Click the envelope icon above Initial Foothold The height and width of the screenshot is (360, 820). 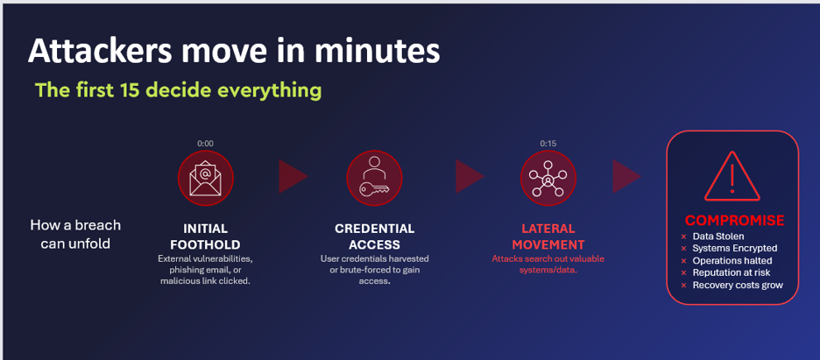click(x=206, y=178)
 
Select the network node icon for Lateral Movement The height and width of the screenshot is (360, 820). click(x=548, y=178)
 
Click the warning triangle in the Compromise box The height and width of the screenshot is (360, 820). click(x=732, y=177)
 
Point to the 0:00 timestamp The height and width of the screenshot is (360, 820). click(x=206, y=143)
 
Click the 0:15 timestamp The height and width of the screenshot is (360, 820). click(x=548, y=143)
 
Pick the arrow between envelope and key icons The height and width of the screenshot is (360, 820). click(x=293, y=177)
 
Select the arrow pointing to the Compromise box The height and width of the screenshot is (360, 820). click(x=627, y=177)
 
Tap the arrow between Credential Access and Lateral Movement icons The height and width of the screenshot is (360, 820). click(x=470, y=177)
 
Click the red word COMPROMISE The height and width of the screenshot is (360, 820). click(x=735, y=220)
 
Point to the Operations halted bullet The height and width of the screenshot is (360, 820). click(x=726, y=260)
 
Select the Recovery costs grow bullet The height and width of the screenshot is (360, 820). click(x=732, y=286)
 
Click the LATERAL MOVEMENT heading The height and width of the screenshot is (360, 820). click(x=548, y=236)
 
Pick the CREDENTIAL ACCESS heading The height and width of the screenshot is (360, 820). click(x=374, y=236)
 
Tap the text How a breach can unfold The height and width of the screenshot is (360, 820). click(x=75, y=234)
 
